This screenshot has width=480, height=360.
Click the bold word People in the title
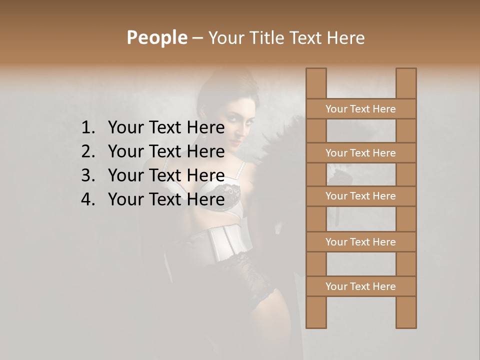click(x=156, y=38)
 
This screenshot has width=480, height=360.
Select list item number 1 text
click(x=166, y=128)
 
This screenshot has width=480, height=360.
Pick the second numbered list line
click(x=166, y=151)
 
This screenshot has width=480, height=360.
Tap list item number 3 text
click(x=166, y=175)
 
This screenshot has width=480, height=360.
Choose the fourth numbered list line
click(x=166, y=199)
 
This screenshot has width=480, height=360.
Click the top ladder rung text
click(x=360, y=109)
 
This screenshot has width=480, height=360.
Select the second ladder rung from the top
click(x=360, y=153)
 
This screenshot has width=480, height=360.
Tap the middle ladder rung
click(x=360, y=196)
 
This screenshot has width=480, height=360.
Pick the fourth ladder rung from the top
click(x=360, y=242)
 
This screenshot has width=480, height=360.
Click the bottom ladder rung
click(x=360, y=286)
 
